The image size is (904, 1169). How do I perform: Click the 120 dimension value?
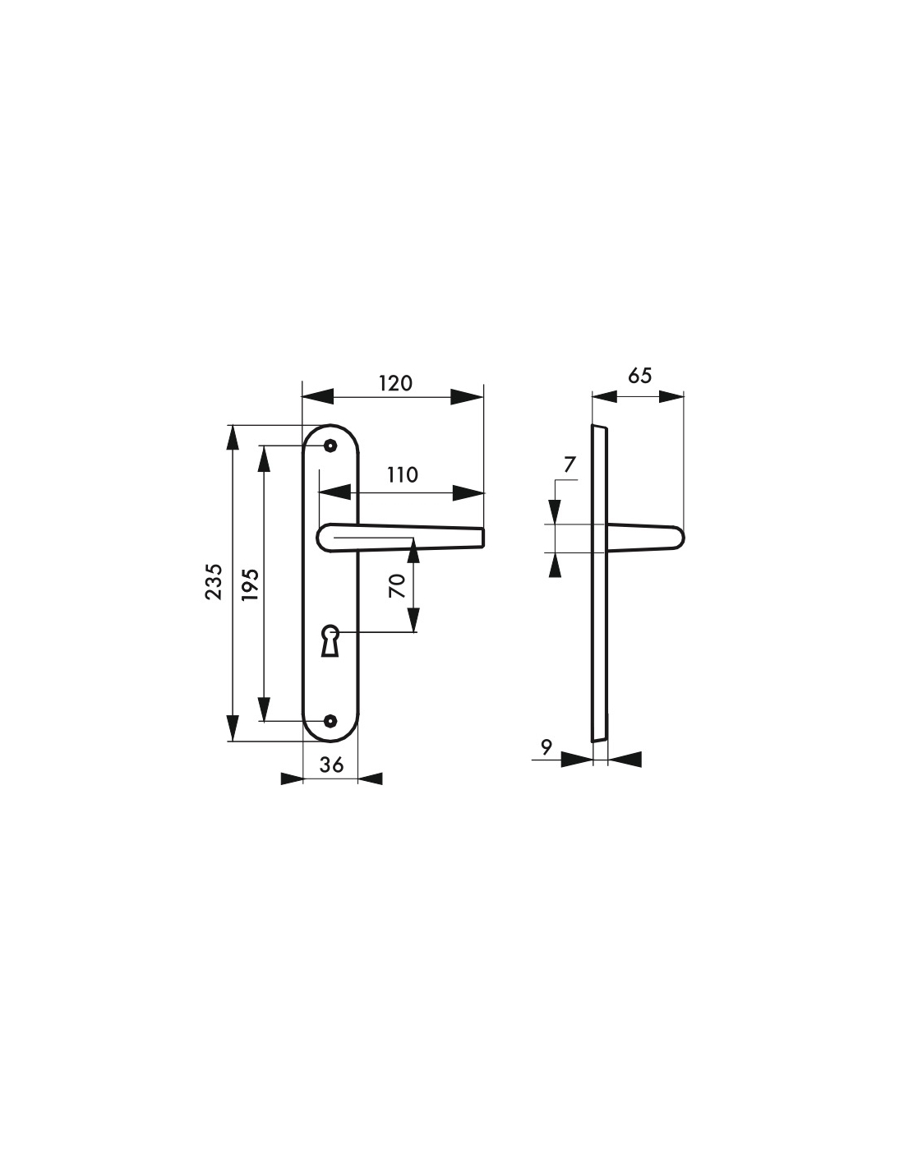pos(395,384)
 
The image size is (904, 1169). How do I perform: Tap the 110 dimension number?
pos(402,475)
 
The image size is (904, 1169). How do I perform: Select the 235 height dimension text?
pos(214,582)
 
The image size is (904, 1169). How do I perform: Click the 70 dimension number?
pos(397,586)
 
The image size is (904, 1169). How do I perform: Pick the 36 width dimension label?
pos(331,765)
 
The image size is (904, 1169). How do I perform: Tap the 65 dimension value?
pos(640,376)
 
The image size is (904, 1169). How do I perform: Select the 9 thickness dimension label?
pos(546,747)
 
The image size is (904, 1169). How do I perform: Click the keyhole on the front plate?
pos(330,640)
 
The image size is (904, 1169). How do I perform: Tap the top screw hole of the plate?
pos(330,446)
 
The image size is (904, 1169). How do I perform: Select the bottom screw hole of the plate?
pos(330,720)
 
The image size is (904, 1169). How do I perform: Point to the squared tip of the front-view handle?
pos(482,537)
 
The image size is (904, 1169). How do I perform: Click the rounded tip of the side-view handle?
pos(680,538)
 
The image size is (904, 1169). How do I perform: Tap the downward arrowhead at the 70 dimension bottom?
pos(413,619)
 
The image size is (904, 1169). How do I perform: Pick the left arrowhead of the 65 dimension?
pos(604,396)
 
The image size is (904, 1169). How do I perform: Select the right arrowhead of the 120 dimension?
pos(467,397)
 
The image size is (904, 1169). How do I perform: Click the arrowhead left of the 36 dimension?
pos(292,779)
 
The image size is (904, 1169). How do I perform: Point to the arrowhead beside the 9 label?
pos(576,760)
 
